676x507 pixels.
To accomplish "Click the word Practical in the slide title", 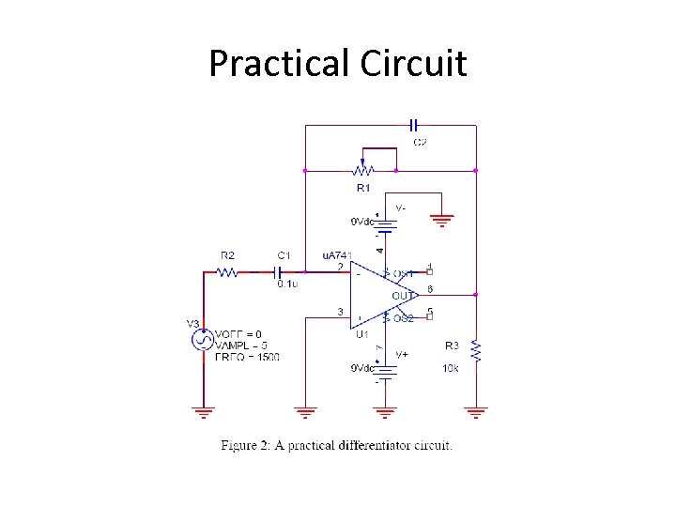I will (279, 64).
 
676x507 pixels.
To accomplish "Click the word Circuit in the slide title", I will (413, 64).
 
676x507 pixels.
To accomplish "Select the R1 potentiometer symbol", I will (362, 169).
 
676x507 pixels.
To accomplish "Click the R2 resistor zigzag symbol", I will (227, 272).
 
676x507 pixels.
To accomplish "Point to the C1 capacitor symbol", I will (278, 272).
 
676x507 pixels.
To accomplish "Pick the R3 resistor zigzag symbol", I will (476, 352).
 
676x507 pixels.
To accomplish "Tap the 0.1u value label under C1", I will (287, 284).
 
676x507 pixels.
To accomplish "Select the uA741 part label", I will (337, 255).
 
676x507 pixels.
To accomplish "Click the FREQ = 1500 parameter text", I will (246, 357).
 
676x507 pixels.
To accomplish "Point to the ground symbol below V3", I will (204, 411).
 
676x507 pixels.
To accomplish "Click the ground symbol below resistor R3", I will (476, 411).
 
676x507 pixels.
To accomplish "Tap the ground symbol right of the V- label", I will (442, 221).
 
